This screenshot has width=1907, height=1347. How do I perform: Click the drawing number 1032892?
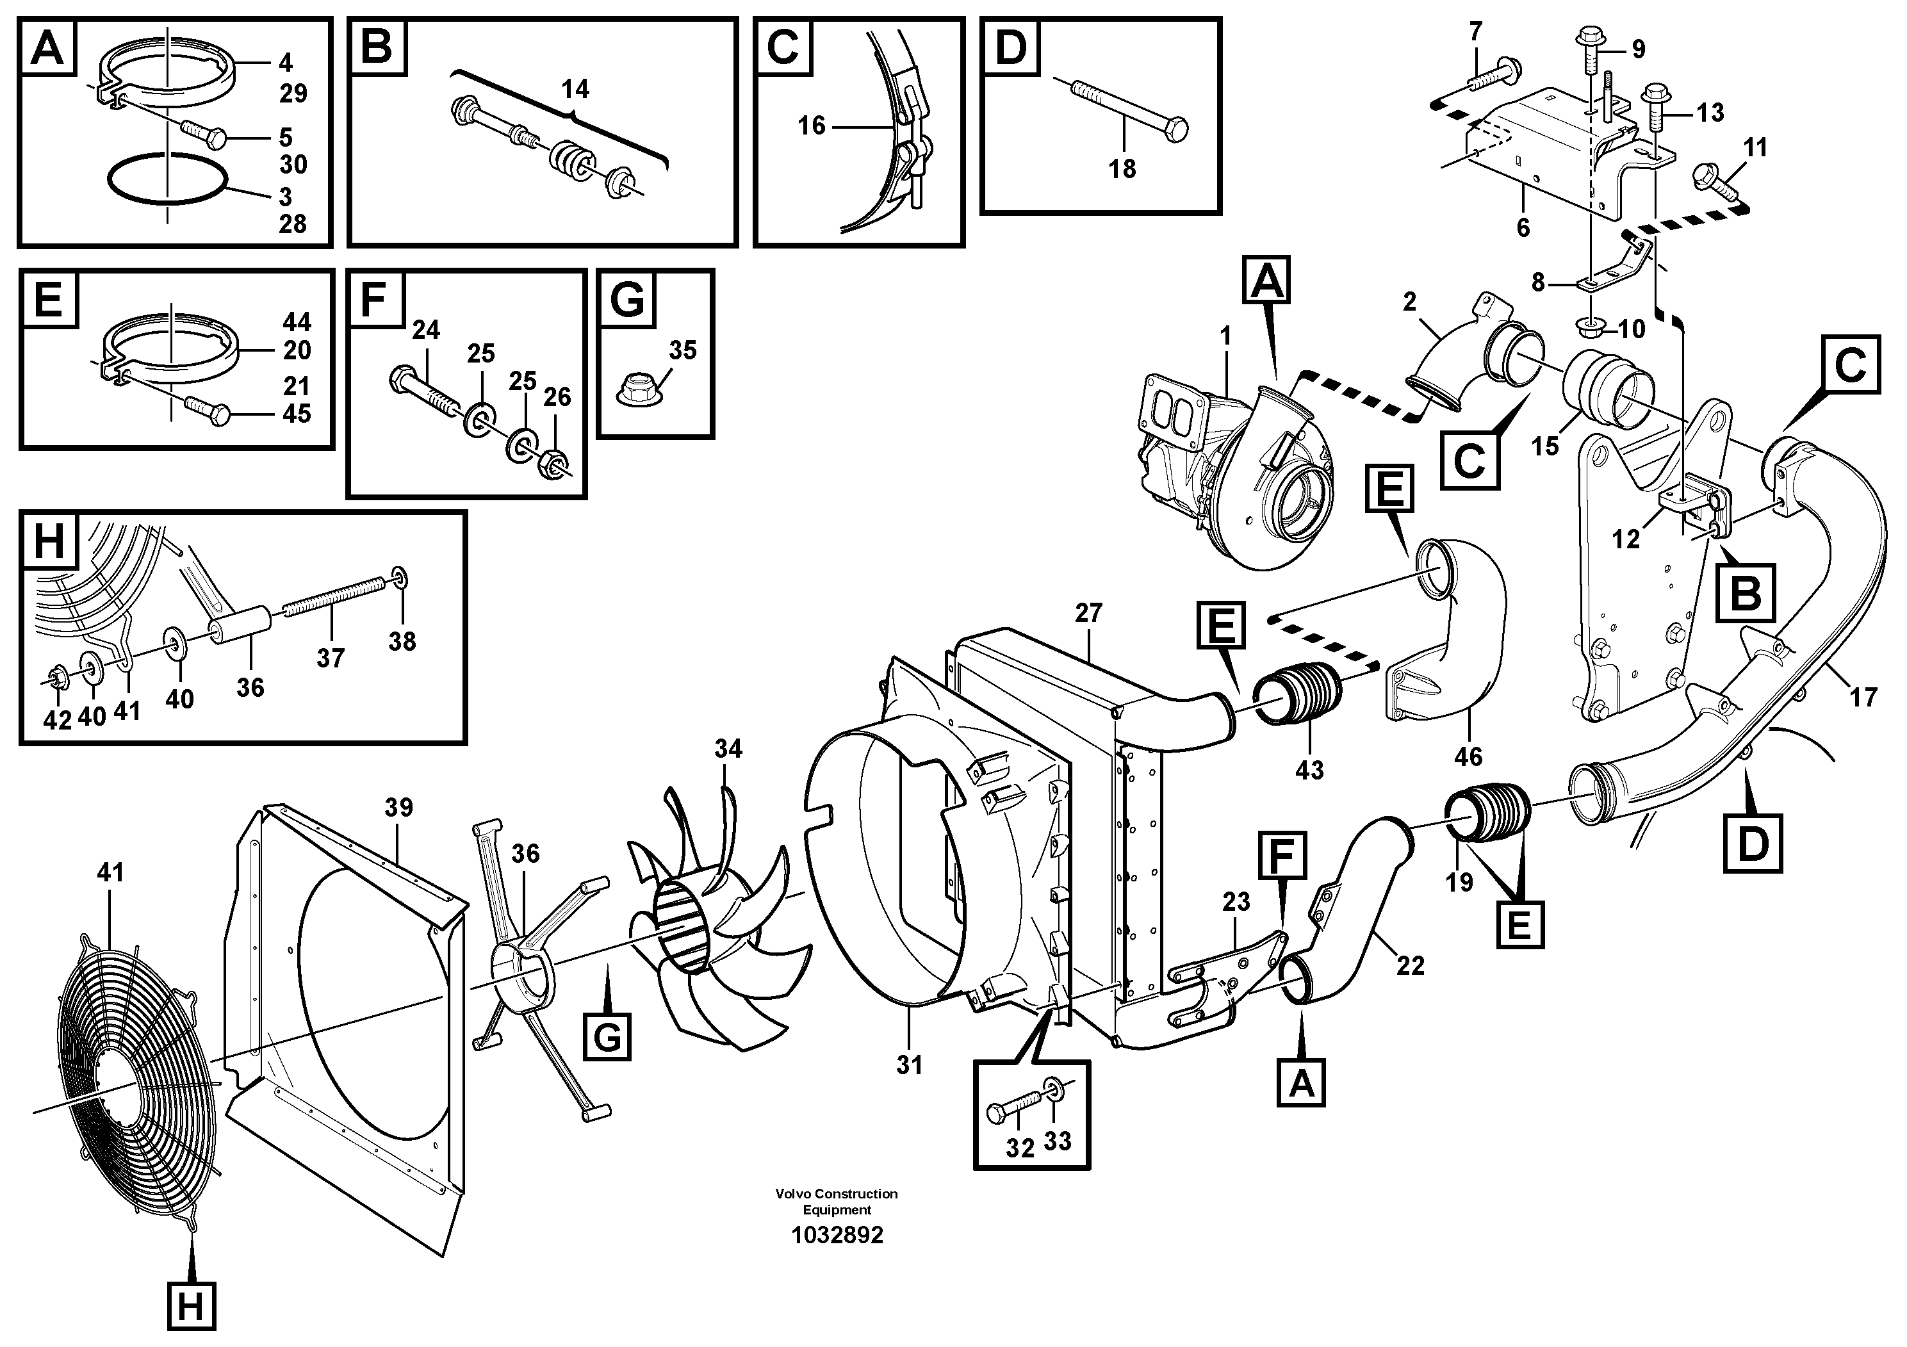click(x=837, y=1235)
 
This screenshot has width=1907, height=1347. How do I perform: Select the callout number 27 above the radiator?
click(x=1088, y=613)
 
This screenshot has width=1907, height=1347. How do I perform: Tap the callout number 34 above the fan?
click(x=728, y=749)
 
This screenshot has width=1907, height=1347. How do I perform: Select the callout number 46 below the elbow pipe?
click(x=1468, y=756)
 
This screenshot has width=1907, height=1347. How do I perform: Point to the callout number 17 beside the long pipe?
click(x=1863, y=697)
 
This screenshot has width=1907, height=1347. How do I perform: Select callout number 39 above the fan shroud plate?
click(x=398, y=807)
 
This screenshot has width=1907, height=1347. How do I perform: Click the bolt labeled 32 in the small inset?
click(x=1013, y=1109)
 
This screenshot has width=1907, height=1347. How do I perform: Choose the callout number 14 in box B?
click(x=575, y=89)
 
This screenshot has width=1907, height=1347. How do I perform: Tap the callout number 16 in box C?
click(x=812, y=126)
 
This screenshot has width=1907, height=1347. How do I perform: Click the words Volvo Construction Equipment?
click(x=837, y=1201)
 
